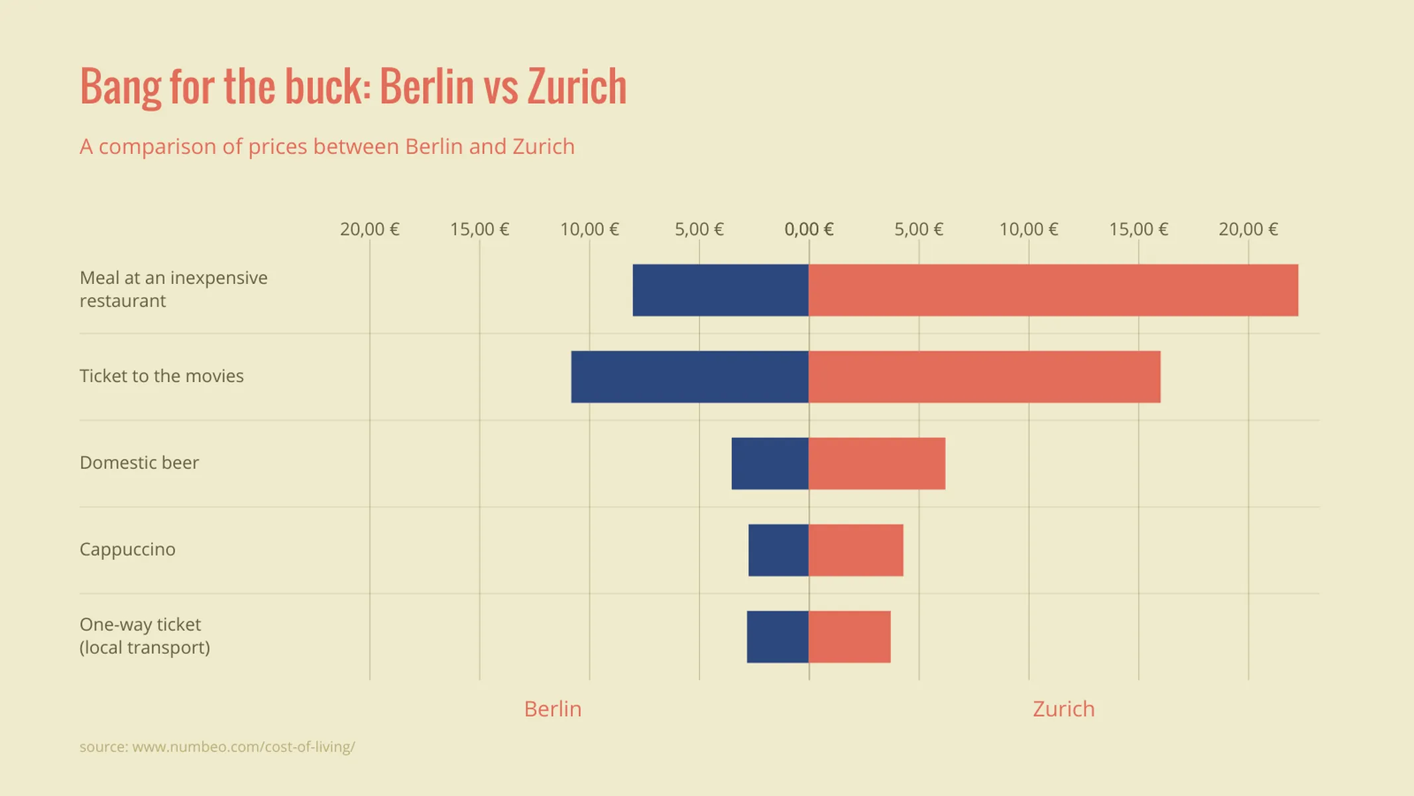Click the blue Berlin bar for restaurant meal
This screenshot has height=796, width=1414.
pyautogui.click(x=721, y=290)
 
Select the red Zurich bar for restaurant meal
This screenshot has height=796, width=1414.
pyautogui.click(x=1053, y=290)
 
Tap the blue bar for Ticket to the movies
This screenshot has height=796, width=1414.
pyautogui.click(x=689, y=377)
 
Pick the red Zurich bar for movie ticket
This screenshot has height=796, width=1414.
pyautogui.click(x=984, y=377)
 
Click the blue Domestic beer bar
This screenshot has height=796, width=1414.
pyautogui.click(x=770, y=463)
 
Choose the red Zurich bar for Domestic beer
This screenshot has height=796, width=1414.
pyautogui.click(x=876, y=463)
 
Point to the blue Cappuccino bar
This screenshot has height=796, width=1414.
pyautogui.click(x=778, y=550)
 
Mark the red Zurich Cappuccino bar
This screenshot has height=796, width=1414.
pyautogui.click(x=855, y=550)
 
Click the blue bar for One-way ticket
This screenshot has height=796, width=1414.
pyautogui.click(x=777, y=637)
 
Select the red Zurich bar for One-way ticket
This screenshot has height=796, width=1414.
pyautogui.click(x=849, y=637)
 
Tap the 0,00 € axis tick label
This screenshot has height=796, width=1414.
pyautogui.click(x=809, y=230)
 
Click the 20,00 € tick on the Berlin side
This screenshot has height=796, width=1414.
pyautogui.click(x=369, y=230)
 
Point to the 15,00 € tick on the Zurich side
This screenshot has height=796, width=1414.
pyautogui.click(x=1138, y=230)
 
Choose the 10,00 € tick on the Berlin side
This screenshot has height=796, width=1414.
pyautogui.click(x=589, y=230)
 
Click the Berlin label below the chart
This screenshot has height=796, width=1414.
pyautogui.click(x=552, y=708)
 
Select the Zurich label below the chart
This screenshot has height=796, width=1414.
pyautogui.click(x=1063, y=708)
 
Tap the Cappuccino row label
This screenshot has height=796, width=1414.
pyautogui.click(x=127, y=549)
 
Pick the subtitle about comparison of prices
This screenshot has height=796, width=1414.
pyautogui.click(x=327, y=147)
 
